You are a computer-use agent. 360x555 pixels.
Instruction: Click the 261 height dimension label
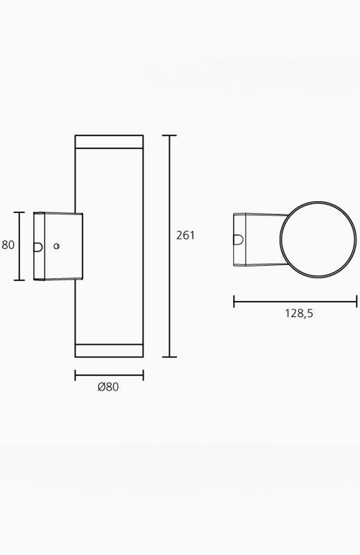[x=185, y=235]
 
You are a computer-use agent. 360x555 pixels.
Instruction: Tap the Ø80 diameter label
[x=108, y=387]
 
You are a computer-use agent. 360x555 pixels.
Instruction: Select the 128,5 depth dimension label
[x=299, y=314]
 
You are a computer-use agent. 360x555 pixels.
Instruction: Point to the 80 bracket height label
[x=8, y=245]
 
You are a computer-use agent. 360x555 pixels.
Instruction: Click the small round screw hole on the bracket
[x=56, y=246]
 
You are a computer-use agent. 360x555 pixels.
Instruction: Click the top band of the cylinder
[x=109, y=142]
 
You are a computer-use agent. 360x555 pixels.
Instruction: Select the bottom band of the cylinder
[x=109, y=350]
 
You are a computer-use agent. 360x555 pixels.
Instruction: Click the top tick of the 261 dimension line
[x=169, y=135]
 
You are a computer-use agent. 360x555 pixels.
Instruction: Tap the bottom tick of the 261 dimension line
[x=169, y=357]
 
